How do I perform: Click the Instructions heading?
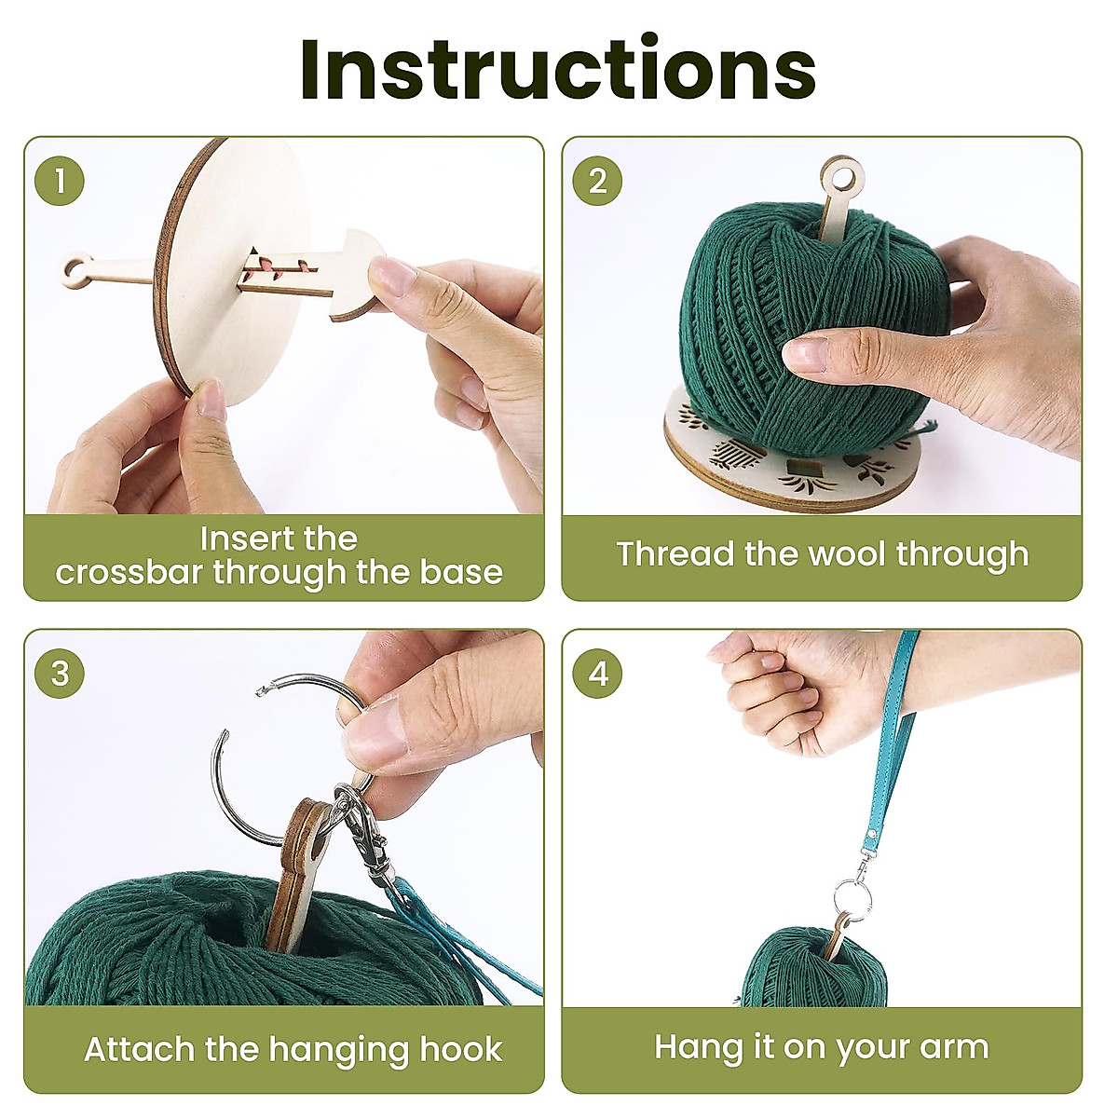(x=558, y=71)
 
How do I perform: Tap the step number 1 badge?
(x=60, y=181)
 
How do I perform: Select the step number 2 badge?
(x=597, y=181)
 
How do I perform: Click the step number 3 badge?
(x=60, y=673)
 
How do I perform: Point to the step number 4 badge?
(x=597, y=673)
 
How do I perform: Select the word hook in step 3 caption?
(x=460, y=1049)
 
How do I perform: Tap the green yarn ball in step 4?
(x=801, y=969)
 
